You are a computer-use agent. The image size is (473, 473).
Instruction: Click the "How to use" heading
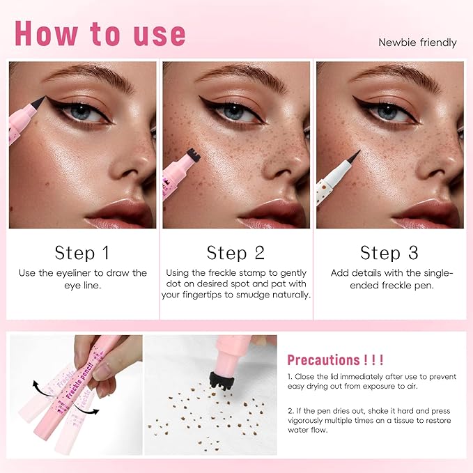coord(100,33)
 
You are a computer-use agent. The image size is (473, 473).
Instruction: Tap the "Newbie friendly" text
coord(417,42)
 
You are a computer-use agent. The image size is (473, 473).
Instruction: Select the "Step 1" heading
coord(82,251)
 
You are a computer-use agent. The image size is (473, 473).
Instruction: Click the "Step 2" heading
coord(235,251)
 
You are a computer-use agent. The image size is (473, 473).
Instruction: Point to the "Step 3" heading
coord(389,251)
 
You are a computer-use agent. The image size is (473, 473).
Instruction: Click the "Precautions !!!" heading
coord(336,359)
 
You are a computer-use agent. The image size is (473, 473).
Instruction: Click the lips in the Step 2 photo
coord(265,213)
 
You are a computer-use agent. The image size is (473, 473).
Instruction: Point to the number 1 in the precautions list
coord(290,377)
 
